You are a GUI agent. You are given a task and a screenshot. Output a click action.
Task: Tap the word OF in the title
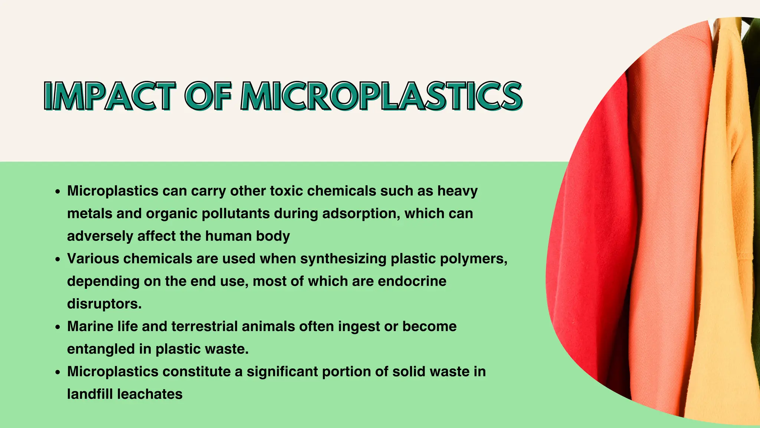(208, 96)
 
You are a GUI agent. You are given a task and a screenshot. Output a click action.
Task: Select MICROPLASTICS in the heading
(381, 96)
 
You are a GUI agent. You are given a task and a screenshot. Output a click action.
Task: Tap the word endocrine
(412, 281)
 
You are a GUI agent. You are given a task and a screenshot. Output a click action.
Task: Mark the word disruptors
(104, 304)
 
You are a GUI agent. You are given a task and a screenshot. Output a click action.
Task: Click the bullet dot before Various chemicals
(57, 259)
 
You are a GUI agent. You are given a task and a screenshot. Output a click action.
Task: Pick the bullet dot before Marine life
(57, 327)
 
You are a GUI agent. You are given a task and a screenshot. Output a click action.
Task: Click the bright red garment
(590, 241)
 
